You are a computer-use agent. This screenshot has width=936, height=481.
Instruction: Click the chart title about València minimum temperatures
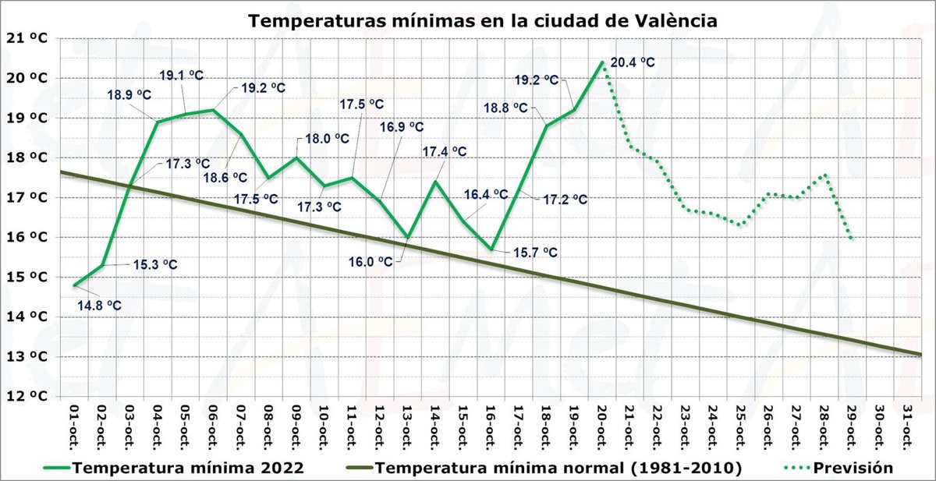[482, 21]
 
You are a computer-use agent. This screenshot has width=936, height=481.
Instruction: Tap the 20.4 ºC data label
[633, 63]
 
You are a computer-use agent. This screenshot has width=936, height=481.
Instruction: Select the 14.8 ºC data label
[99, 305]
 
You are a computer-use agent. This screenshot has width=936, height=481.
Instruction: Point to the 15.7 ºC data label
[535, 252]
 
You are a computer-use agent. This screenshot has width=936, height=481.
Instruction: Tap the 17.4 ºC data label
[445, 151]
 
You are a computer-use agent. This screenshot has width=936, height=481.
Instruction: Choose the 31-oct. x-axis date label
[908, 426]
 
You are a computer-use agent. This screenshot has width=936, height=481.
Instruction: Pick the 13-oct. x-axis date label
[407, 426]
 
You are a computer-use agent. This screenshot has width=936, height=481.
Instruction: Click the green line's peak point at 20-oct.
[602, 62]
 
